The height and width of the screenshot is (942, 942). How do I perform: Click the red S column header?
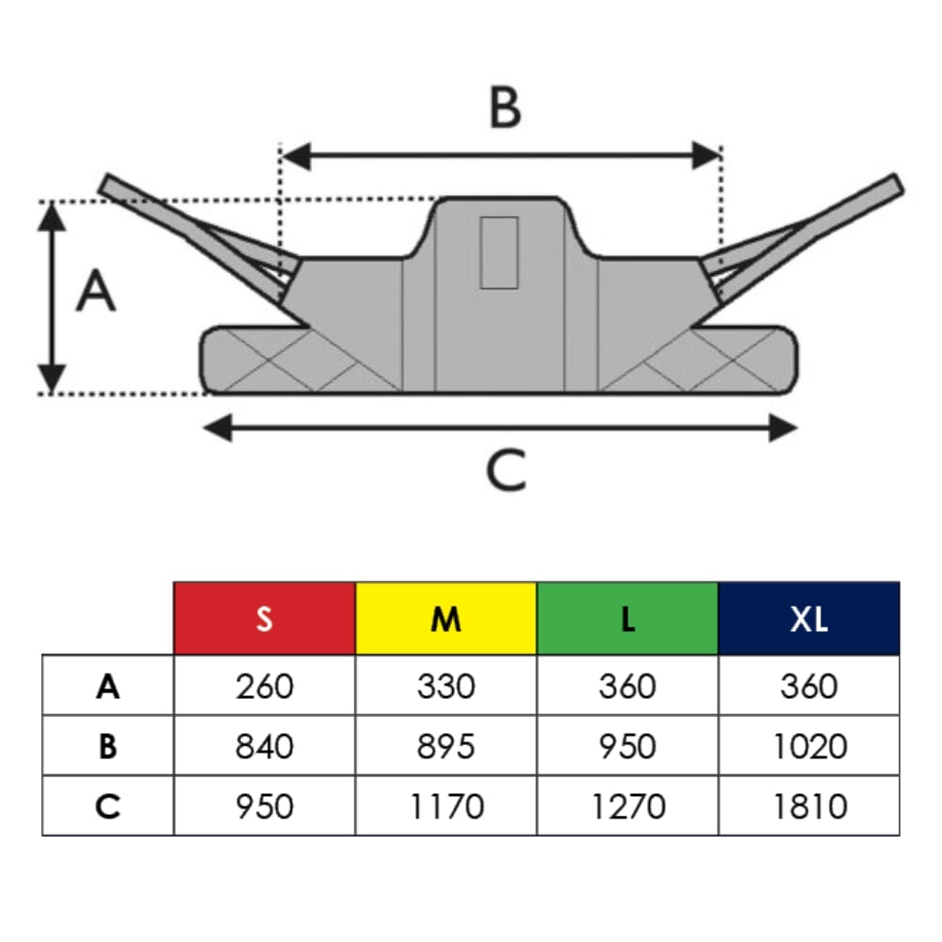coord(265,619)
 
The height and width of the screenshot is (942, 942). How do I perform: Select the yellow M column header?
coord(447,619)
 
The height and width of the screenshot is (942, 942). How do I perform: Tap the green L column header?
coord(627,619)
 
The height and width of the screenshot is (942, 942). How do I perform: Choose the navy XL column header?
coord(809,619)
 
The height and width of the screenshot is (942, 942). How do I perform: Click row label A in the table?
coord(108,687)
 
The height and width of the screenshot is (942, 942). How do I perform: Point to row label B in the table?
coord(108,746)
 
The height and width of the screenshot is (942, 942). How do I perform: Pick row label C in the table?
coord(108,806)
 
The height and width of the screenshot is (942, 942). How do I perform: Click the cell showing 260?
coord(265,687)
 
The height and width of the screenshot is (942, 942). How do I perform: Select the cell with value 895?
coord(447,746)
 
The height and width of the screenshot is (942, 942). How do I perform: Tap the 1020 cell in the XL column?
coord(809,746)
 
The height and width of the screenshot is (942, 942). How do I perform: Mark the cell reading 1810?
coord(809,806)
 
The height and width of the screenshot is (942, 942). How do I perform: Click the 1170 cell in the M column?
coord(447,806)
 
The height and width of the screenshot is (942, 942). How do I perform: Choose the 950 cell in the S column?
coord(265,806)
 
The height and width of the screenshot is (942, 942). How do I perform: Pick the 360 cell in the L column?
coord(627,687)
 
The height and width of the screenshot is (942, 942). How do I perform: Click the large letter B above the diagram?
coord(506,108)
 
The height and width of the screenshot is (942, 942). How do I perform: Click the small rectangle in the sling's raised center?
coord(498,252)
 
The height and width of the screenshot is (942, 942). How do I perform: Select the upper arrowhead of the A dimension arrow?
coord(53,215)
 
